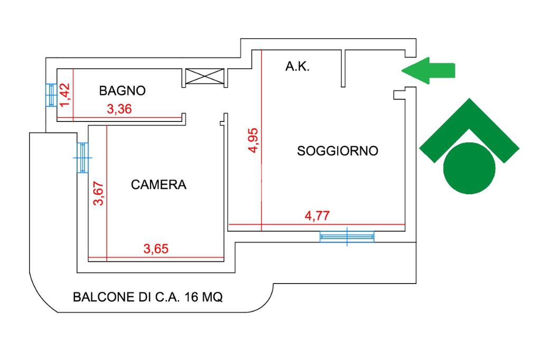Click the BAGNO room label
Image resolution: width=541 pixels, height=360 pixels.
122,91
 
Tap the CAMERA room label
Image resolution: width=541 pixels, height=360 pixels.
159,185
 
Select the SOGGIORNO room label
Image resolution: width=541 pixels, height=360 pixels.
338,151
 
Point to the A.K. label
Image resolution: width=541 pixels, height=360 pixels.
297,67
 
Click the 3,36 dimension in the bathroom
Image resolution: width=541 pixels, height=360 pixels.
119,110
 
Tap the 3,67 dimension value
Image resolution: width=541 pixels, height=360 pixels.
98,194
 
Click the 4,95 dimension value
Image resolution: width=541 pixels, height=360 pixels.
254,140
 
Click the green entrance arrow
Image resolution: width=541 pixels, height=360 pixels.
428,70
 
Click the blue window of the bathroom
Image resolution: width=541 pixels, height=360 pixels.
50,96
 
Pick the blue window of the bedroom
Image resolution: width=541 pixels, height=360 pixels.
82,157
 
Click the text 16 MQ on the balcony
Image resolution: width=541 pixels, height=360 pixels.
204,297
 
